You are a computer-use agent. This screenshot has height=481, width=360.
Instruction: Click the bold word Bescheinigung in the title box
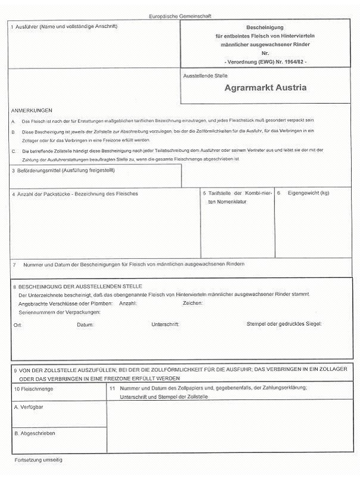click(265, 28)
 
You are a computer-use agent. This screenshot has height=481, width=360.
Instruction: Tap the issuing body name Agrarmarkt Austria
click(266, 88)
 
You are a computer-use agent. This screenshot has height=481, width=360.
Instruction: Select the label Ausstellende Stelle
click(206, 76)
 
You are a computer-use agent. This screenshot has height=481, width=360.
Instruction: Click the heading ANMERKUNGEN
click(32, 110)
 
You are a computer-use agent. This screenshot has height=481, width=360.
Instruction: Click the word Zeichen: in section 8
click(193, 304)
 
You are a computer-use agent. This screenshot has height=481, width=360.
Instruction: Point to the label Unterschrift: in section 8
click(165, 324)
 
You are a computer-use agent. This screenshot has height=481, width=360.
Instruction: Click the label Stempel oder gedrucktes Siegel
click(284, 324)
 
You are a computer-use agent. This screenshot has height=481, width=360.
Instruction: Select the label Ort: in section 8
click(17, 325)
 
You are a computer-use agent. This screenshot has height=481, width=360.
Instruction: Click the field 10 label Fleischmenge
click(35, 389)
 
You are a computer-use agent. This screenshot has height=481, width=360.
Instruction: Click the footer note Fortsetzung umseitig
click(38, 460)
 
